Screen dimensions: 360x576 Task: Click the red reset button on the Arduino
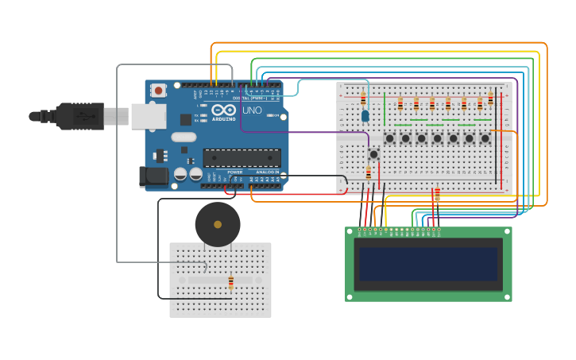(159, 91)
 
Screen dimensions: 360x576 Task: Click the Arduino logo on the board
(223, 110)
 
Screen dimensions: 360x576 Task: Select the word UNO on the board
(252, 110)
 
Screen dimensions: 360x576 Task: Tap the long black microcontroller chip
(242, 158)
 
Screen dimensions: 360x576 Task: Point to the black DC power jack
(154, 176)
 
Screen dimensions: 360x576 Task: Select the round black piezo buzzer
(218, 224)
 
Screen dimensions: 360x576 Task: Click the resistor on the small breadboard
(231, 281)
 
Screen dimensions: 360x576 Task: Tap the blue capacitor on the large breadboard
(365, 116)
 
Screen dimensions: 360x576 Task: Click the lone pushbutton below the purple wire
(373, 154)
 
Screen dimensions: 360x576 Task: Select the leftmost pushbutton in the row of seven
(389, 138)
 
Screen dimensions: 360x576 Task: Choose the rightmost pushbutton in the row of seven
(485, 138)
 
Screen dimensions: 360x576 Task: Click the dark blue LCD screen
(428, 264)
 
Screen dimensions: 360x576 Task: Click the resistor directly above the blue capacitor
(363, 99)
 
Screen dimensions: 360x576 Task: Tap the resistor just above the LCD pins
(436, 194)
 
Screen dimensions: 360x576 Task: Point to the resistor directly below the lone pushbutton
(369, 172)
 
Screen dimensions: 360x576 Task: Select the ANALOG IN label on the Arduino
(267, 172)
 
